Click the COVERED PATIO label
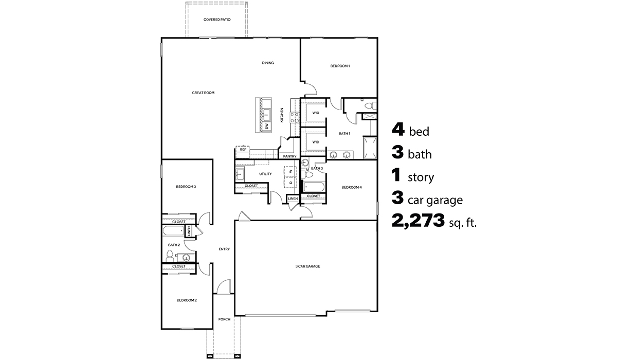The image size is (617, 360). (x=216, y=20)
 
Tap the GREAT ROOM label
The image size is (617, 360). (x=203, y=93)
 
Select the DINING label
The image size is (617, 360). (x=267, y=63)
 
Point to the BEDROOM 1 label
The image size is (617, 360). (x=340, y=66)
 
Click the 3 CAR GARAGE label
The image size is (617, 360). (x=307, y=266)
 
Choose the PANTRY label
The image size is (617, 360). (x=289, y=156)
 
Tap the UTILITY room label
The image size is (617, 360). (x=265, y=174)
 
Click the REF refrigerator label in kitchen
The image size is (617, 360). (x=243, y=150)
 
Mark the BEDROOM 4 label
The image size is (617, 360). (x=352, y=187)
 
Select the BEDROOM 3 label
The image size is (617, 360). (x=186, y=187)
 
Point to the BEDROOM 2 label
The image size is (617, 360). (x=187, y=300)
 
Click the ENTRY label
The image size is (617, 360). (x=224, y=249)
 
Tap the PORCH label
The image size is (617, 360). (x=224, y=319)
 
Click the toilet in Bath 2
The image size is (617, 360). (x=170, y=254)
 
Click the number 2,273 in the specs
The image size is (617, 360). (x=418, y=222)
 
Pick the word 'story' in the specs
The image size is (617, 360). (x=421, y=178)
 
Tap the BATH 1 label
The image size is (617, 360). (x=344, y=133)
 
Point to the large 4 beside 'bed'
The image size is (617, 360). (x=398, y=129)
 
